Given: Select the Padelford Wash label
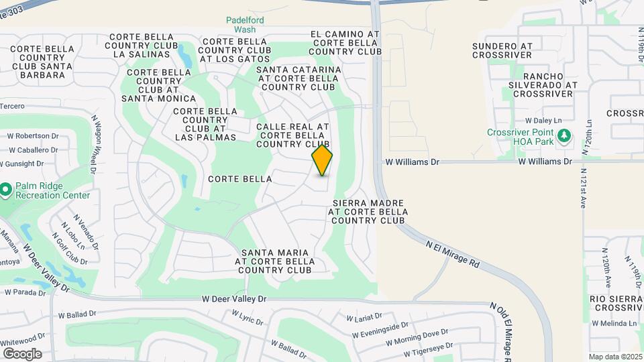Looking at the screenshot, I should coord(245,25).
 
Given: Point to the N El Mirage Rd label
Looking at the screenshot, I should coord(453,255).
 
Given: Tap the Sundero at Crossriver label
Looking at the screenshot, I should coord(502,50).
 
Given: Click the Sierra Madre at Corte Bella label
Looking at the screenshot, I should coord(367,210).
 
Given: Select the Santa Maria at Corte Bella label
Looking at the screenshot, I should coord(275,261).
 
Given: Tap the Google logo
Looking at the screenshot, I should coord(22,354).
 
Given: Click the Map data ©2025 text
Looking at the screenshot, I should coord(614,357).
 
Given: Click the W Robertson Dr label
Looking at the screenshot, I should coord(34,135).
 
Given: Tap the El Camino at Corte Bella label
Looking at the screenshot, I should coord(345,42).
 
